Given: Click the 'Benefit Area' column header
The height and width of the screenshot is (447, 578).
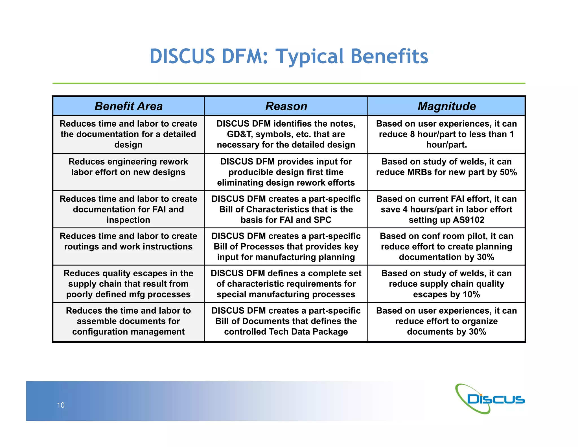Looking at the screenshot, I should coord(128,106).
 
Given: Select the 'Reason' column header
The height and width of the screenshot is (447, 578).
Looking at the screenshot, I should coord(286,106).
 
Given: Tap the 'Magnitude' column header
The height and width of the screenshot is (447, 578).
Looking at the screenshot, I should coord(446,106).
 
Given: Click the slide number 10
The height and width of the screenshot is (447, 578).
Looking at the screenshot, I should coord(61,405).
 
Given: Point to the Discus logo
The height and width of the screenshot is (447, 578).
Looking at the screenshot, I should coord(490,399).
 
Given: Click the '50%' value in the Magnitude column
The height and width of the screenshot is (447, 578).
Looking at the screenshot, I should coord(508,172).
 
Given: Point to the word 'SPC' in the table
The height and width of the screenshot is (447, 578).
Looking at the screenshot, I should coord(322,220).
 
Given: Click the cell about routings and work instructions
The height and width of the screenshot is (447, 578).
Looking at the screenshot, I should coord(128,242).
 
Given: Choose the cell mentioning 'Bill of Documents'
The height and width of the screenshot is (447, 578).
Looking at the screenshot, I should coord(286,321).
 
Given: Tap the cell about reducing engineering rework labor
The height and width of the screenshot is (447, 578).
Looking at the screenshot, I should coord(128,167).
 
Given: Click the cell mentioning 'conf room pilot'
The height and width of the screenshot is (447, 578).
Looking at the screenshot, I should coord(446,247).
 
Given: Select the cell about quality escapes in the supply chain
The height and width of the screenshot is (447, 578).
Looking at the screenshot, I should coord(128,284).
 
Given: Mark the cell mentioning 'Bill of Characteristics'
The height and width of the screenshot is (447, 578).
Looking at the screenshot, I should coord(286,209).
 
